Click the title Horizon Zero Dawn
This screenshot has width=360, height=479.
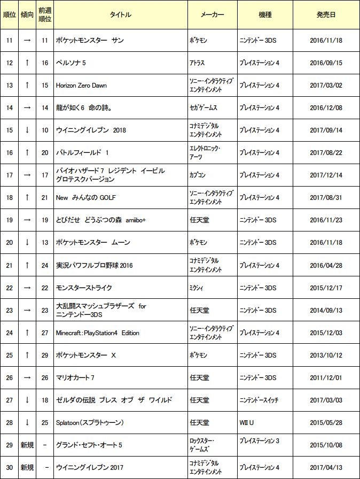pos(82,85)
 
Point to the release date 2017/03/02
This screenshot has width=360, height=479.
pos(326,85)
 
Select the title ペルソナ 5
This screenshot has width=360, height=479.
pos(71,63)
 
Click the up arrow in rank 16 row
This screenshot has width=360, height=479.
pos(27,153)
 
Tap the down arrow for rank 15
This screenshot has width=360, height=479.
pos(27,130)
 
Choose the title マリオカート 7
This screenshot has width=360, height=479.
pos(75,378)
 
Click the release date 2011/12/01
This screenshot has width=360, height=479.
pos(326,378)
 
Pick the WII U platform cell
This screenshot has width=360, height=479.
pos(246,423)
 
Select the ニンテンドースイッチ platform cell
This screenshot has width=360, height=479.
pos(259,400)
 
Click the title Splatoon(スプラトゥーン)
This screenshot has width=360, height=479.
pos(90,423)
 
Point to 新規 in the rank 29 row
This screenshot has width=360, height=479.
pos(27,445)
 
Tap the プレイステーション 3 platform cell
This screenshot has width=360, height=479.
pos(259,441)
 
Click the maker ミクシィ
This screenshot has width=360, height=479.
pos(197,288)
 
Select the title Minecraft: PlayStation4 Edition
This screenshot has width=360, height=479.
pos(98,333)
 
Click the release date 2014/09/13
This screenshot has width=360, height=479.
pos(326,311)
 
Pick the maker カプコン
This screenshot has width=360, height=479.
pos(198,175)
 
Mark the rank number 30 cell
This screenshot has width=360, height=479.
pos(9,468)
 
